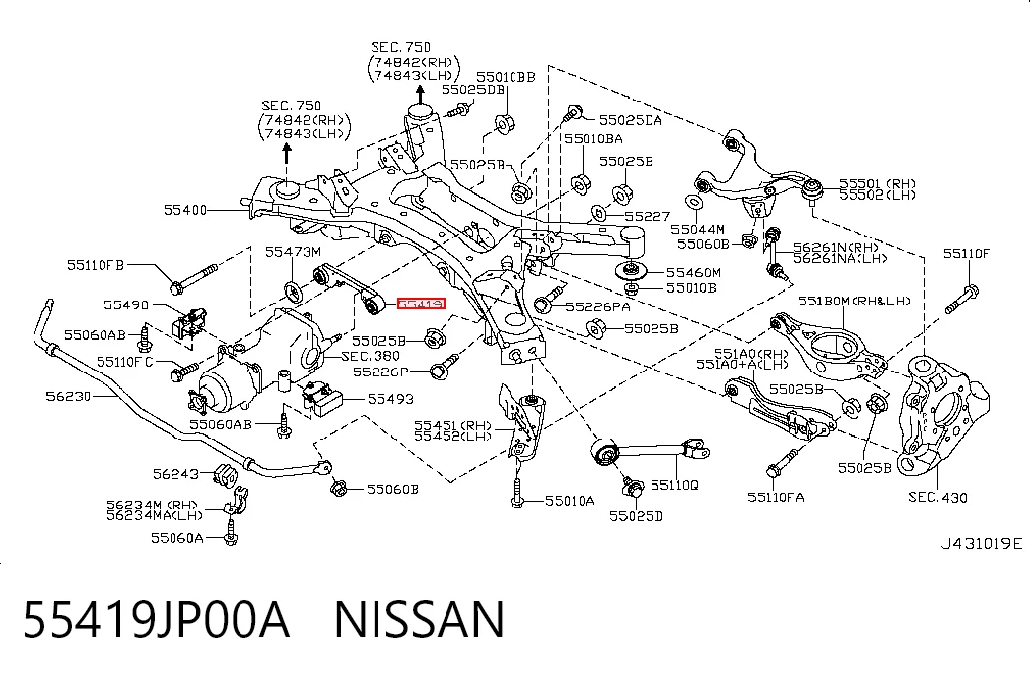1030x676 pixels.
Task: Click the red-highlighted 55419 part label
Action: pyautogui.click(x=421, y=304)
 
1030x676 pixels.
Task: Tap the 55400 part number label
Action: pyautogui.click(x=185, y=210)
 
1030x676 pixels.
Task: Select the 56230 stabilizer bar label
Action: pyautogui.click(x=68, y=396)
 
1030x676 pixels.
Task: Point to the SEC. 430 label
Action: pyautogui.click(x=937, y=498)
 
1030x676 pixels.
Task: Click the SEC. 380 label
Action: pyautogui.click(x=372, y=356)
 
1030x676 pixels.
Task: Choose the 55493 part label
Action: pyautogui.click(x=390, y=399)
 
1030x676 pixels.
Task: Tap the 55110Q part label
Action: pyautogui.click(x=674, y=485)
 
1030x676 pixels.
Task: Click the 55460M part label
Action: pyautogui.click(x=693, y=272)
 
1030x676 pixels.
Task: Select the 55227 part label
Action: pyautogui.click(x=647, y=216)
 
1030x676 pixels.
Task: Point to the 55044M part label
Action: pyautogui.click(x=698, y=230)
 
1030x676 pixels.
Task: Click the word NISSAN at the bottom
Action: pyautogui.click(x=420, y=620)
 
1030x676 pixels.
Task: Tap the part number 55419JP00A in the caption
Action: pyautogui.click(x=157, y=620)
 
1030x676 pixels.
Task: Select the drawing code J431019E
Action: pyautogui.click(x=982, y=543)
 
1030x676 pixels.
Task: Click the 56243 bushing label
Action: pyautogui.click(x=175, y=474)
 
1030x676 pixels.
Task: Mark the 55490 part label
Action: pyautogui.click(x=126, y=304)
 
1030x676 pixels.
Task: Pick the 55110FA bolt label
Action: pyautogui.click(x=776, y=498)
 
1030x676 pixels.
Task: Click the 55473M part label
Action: pyautogui.click(x=293, y=251)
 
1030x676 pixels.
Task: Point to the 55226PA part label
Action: pyautogui.click(x=597, y=306)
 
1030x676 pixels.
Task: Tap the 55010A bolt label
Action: pyautogui.click(x=570, y=501)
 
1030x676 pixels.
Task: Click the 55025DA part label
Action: pyautogui.click(x=631, y=120)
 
